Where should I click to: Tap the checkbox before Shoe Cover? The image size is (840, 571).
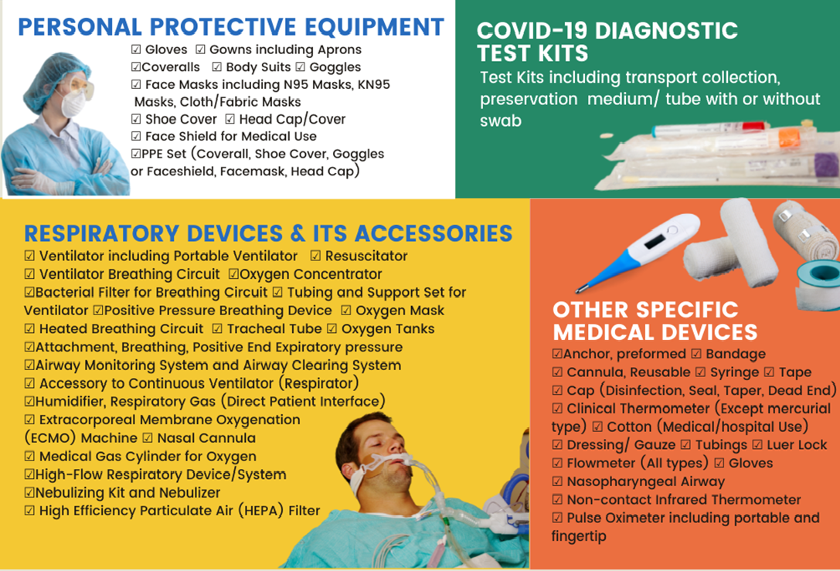click(x=136, y=119)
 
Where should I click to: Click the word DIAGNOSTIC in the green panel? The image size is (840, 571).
click(x=666, y=31)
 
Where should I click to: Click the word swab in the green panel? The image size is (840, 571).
click(x=500, y=121)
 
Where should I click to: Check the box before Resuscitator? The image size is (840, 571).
click(x=315, y=256)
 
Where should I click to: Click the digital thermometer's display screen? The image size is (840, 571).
click(x=656, y=240)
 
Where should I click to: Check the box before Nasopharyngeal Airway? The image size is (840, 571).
click(x=557, y=481)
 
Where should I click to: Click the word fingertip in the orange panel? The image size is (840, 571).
click(x=579, y=537)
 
